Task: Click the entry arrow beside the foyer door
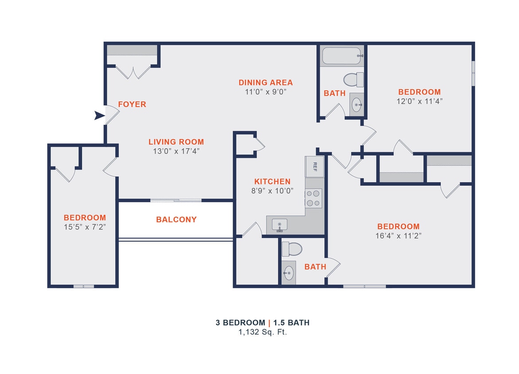point(99,116)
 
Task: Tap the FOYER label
point(132,105)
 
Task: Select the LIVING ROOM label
point(176,142)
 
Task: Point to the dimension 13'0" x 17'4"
point(176,151)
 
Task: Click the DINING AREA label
point(265,82)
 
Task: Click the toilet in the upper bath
point(354,80)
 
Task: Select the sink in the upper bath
point(356,105)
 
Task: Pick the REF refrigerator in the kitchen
point(315,167)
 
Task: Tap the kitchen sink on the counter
point(280,225)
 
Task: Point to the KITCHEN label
point(272,182)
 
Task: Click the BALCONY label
point(176,220)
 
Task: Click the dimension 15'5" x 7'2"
point(85,226)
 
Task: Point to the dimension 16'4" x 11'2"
point(398,236)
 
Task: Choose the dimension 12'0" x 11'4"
point(419,101)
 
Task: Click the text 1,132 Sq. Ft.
point(262,332)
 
